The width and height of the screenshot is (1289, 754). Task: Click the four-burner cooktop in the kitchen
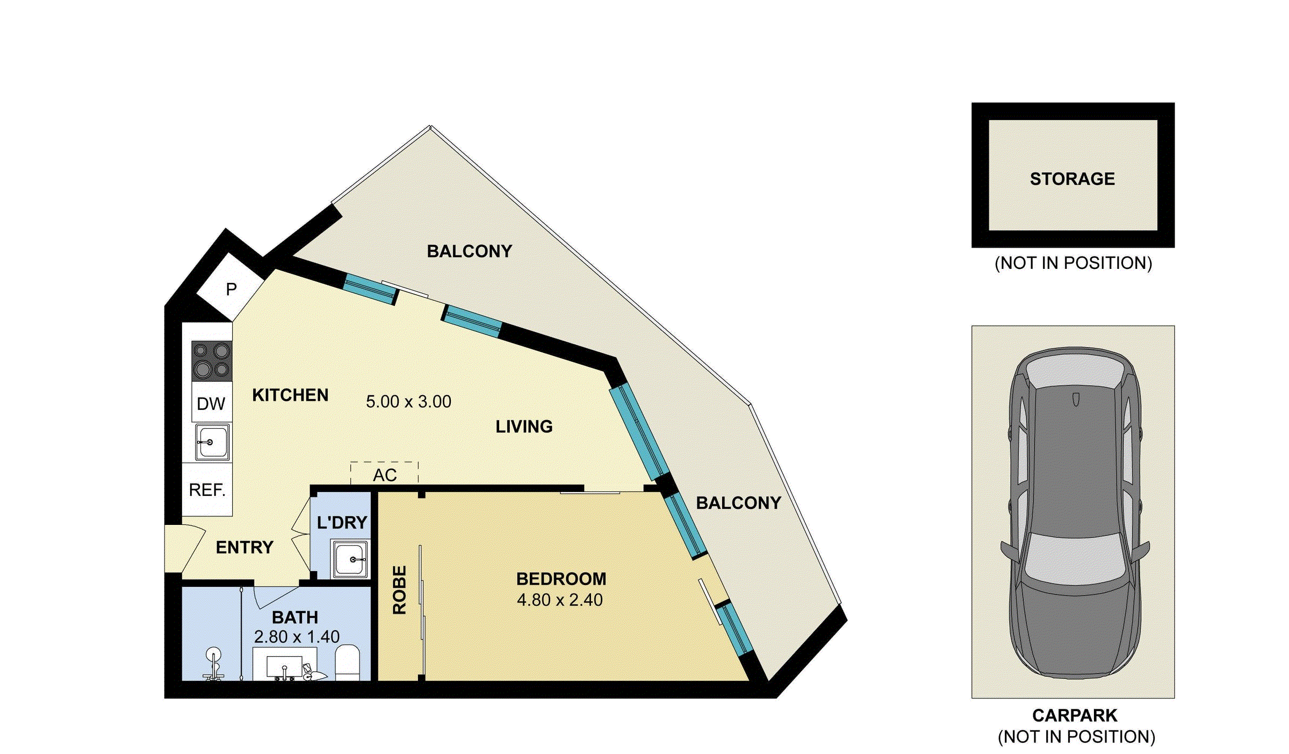pyautogui.click(x=212, y=361)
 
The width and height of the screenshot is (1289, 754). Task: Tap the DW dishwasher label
pyautogui.click(x=211, y=404)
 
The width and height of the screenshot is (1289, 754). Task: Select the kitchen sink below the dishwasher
pyautogui.click(x=212, y=442)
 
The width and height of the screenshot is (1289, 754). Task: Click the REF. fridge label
pyautogui.click(x=207, y=490)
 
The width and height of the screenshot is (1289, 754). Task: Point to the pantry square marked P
pyautogui.click(x=231, y=289)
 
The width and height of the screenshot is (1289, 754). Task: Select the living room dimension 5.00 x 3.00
pyautogui.click(x=408, y=402)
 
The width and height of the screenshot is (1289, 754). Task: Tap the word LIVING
pyautogui.click(x=524, y=426)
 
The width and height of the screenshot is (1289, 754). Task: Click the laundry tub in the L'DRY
pyautogui.click(x=350, y=559)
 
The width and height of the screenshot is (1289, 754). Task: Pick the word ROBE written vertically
pyautogui.click(x=399, y=590)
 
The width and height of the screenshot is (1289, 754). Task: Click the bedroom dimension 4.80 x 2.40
pyautogui.click(x=559, y=600)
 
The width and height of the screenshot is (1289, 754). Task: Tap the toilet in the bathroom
pyautogui.click(x=347, y=664)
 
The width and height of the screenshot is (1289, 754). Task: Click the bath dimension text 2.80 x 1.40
pyautogui.click(x=297, y=637)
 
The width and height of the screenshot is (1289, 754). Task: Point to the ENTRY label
pyautogui.click(x=244, y=547)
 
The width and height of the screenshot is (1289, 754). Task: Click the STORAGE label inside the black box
pyautogui.click(x=1072, y=179)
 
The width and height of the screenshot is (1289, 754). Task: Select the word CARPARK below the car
pyautogui.click(x=1075, y=716)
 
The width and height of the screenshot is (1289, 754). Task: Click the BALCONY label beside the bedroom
pyautogui.click(x=738, y=503)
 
